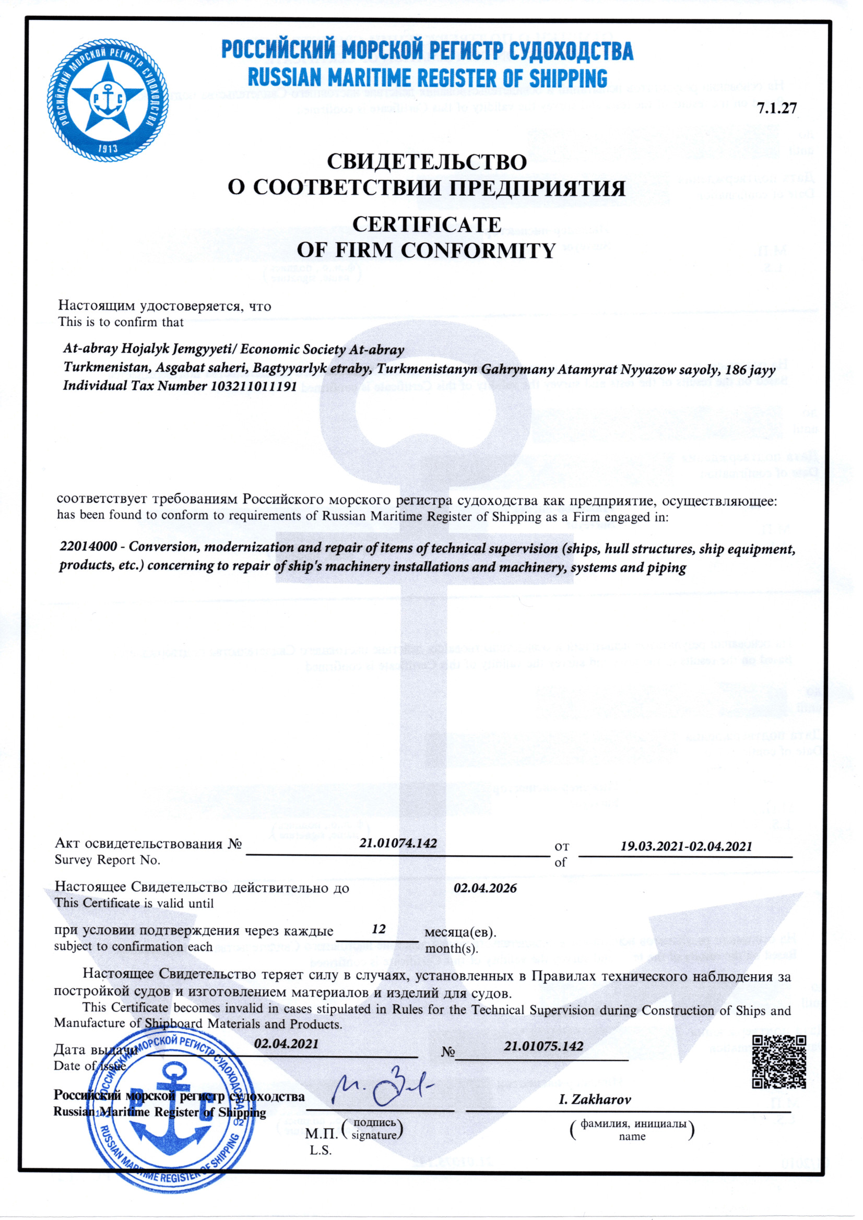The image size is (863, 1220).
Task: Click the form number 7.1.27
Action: point(776,109)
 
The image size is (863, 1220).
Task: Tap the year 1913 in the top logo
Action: point(108,148)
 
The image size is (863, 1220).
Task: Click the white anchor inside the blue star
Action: point(108,97)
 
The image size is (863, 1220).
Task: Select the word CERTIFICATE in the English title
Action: point(426,224)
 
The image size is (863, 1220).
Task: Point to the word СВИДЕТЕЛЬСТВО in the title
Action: point(426,161)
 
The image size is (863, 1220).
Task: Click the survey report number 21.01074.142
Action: point(398,843)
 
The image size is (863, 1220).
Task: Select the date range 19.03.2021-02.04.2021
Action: point(686,846)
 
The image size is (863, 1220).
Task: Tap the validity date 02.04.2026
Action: point(484,888)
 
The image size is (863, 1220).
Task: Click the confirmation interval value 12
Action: point(379,929)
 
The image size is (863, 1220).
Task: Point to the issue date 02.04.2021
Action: point(286,1043)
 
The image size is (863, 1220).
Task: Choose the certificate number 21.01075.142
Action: point(543,1046)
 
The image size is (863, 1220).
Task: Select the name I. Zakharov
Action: point(594,1099)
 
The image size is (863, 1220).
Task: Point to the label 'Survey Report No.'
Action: point(107,860)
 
